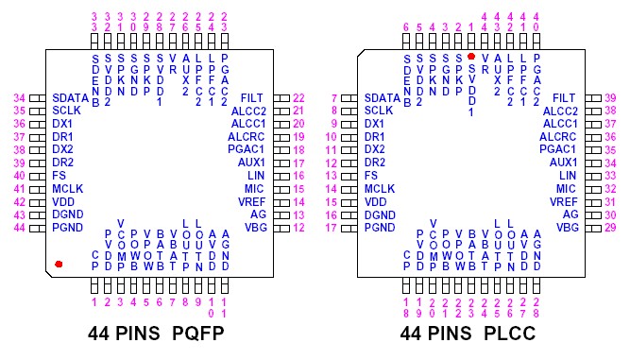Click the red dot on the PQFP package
59,264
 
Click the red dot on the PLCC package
471,57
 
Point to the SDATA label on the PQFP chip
70,97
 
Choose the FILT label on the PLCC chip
564,97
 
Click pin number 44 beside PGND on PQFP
19,227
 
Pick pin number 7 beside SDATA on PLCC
333,97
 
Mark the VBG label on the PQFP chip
255,227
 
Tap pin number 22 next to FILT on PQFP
298,97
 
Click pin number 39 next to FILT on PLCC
610,97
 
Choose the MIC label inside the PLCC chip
567,188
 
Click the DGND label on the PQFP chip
68,214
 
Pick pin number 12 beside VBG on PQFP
298,227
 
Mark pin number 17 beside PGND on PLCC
332,227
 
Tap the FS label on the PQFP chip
59,175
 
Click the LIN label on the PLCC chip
568,175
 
